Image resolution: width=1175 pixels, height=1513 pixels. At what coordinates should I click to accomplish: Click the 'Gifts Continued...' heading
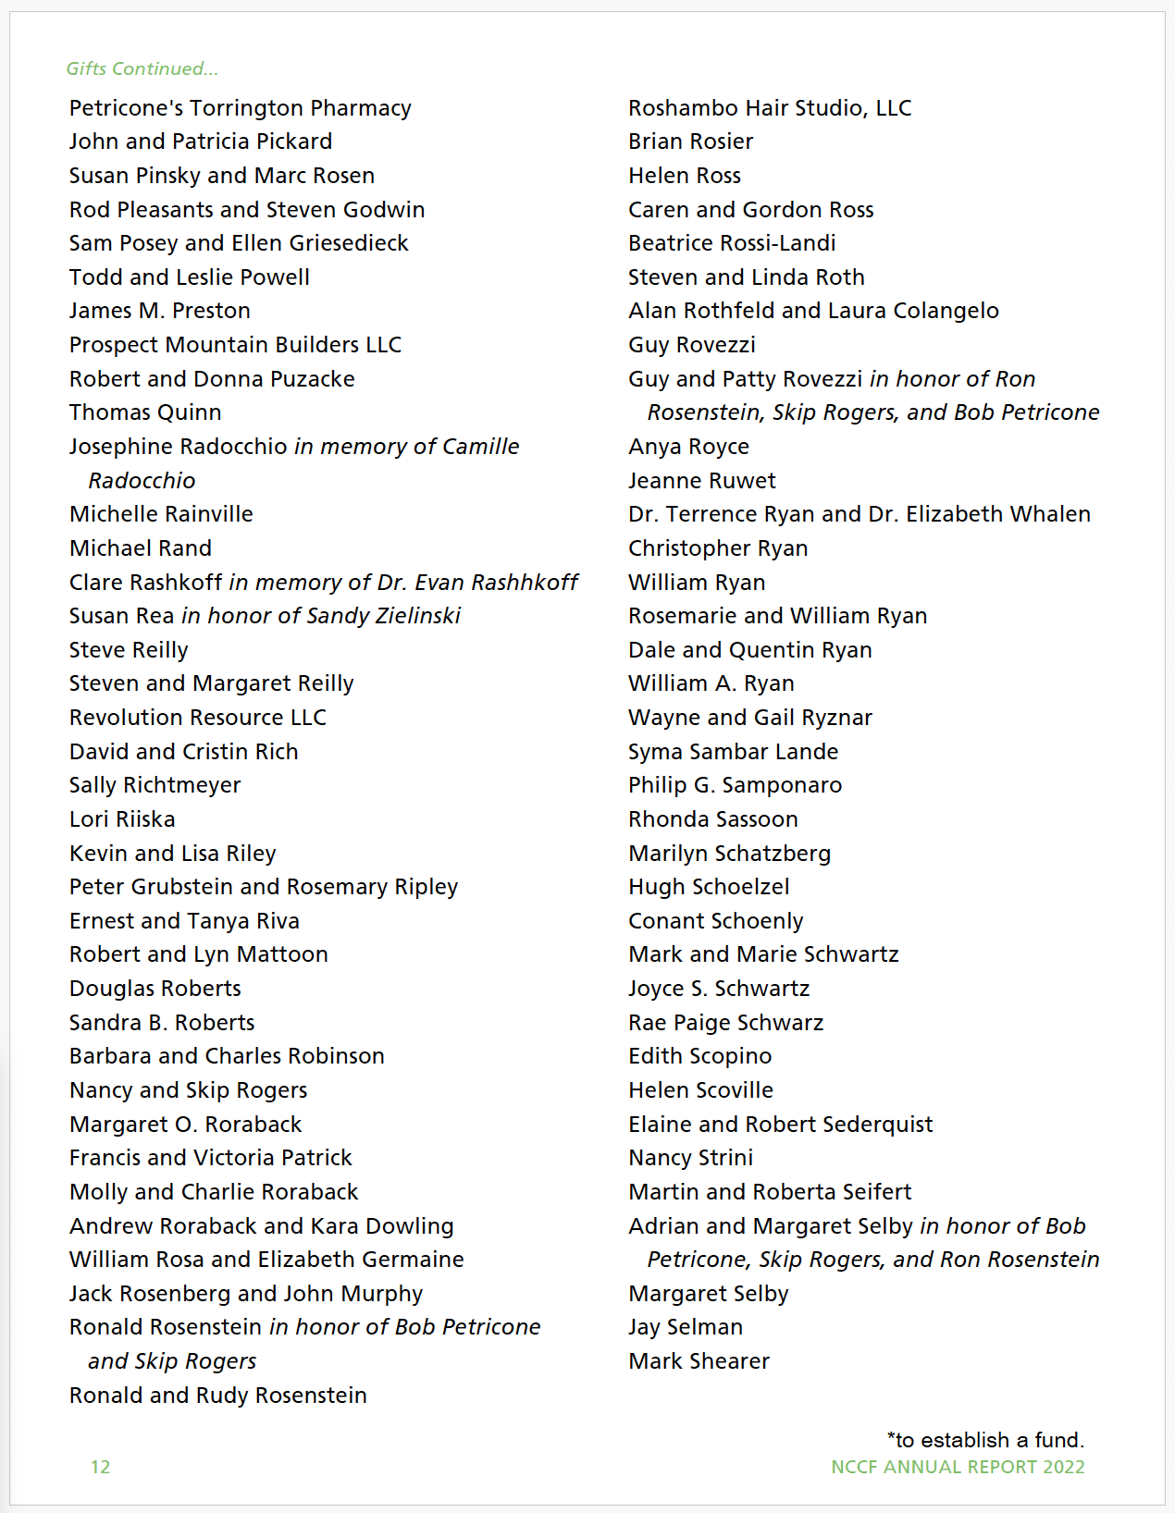coord(142,68)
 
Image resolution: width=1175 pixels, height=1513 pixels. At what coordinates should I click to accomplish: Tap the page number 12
coord(100,1467)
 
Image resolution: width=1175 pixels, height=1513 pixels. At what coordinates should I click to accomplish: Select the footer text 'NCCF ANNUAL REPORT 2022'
coord(958,1467)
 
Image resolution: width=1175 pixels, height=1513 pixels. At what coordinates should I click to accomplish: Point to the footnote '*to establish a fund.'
coord(985,1440)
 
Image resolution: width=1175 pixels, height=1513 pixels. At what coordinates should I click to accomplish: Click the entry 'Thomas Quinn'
coord(145,412)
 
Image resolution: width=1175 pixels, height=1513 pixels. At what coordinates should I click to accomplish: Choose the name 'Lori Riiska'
coord(122,819)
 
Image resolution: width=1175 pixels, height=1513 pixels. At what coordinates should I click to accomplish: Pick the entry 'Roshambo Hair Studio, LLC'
coord(770,108)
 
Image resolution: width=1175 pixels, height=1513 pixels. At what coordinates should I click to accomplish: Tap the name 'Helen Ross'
coord(685,176)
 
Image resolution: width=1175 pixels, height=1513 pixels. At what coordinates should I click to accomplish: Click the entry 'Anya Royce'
coord(688,447)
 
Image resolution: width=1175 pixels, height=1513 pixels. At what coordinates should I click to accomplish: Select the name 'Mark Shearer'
coord(699,1361)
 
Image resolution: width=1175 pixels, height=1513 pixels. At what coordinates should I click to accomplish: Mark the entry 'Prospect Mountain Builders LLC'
coord(235,345)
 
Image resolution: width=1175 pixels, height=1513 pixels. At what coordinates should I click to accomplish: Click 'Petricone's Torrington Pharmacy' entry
coord(240,108)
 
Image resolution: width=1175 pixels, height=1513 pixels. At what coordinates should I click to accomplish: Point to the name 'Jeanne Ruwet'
coord(702,481)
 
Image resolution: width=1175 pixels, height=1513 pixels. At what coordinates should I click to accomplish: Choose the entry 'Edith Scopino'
coord(699,1056)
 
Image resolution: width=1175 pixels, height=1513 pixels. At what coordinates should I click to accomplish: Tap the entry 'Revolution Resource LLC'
coord(197,718)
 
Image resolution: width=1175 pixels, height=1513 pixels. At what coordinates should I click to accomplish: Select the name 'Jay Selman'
coord(686,1327)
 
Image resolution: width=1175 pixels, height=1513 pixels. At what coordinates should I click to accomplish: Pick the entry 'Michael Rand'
coord(141,548)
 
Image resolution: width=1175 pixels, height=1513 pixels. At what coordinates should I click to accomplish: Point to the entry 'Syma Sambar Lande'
coord(733,752)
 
